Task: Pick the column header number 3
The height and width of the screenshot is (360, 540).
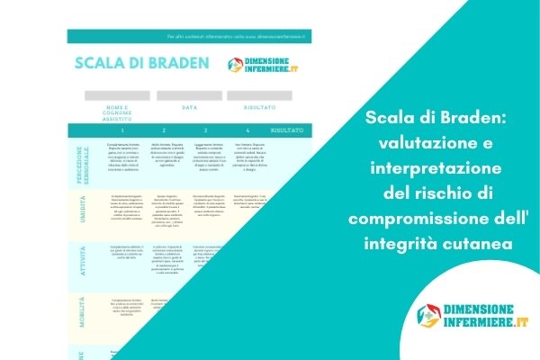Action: click(206, 130)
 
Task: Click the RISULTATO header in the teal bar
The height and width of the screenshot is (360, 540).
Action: click(287, 130)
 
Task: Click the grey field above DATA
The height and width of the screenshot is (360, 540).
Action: click(190, 94)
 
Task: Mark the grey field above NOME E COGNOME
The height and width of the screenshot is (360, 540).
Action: click(117, 94)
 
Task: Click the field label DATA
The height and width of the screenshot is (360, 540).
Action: click(190, 106)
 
